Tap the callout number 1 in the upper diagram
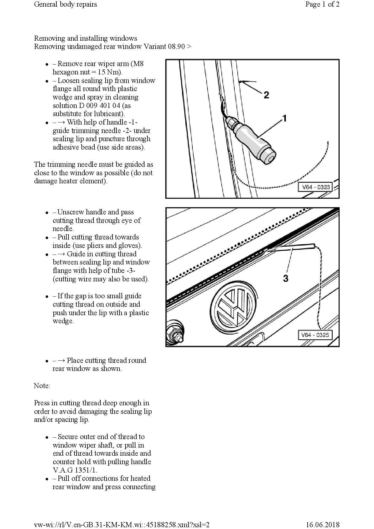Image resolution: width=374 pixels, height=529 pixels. pos(284,118)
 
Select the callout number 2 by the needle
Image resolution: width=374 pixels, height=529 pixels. pos(266,95)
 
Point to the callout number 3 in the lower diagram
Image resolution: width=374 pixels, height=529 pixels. pos(286,278)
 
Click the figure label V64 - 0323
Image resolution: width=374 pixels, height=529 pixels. pos(316,187)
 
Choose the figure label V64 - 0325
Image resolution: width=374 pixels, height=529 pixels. pos(315,335)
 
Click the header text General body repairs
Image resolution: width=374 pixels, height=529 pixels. pos(65,4)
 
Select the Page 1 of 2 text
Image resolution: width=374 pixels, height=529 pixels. pos(322,4)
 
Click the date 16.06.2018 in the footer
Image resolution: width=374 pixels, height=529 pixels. pos(323,525)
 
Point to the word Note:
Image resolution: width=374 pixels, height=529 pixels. pos(42,386)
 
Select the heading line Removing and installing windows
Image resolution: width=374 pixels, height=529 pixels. pos(85,38)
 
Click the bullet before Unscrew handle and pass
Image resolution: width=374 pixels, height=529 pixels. pos(47,213)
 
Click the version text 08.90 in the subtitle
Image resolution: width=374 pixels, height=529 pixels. pos(176,46)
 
